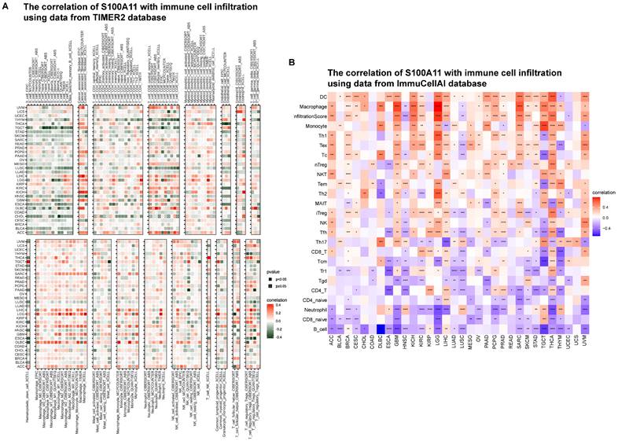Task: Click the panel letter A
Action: [6, 6]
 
